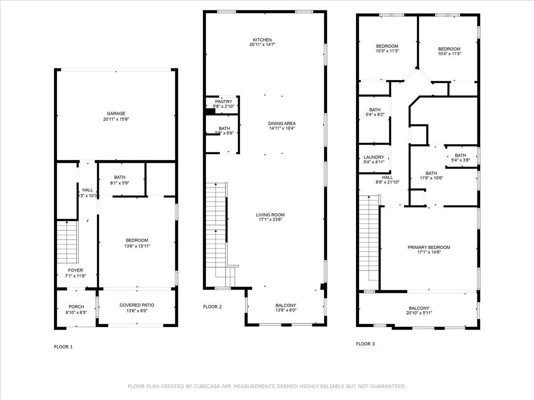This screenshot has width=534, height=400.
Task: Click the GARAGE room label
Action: (x=116, y=113)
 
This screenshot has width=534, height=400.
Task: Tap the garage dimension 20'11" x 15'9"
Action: (x=116, y=119)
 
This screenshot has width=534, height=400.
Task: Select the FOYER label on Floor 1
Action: (x=75, y=270)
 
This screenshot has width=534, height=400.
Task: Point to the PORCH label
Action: (x=76, y=307)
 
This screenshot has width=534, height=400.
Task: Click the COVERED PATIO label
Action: (x=137, y=305)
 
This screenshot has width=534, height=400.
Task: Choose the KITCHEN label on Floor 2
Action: (x=262, y=40)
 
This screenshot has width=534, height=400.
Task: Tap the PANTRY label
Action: (x=223, y=101)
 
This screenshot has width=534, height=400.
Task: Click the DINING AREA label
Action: (x=282, y=124)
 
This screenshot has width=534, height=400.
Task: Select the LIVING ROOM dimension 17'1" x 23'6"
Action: (x=270, y=220)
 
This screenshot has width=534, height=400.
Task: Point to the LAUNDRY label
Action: (x=374, y=157)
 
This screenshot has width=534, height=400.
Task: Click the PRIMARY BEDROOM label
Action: (x=429, y=247)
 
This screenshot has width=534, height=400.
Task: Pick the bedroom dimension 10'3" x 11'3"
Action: (x=387, y=51)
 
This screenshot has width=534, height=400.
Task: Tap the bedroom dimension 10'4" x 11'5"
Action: (x=449, y=54)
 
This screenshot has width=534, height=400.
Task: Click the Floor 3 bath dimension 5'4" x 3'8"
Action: (x=461, y=160)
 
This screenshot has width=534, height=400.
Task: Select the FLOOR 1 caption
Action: (x=63, y=347)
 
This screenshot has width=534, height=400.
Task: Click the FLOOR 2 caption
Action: (x=212, y=307)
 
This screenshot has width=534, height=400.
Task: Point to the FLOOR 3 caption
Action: (x=365, y=344)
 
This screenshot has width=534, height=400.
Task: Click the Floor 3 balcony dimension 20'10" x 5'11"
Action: (x=419, y=313)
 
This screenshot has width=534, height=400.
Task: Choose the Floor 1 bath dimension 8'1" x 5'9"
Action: (x=119, y=183)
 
